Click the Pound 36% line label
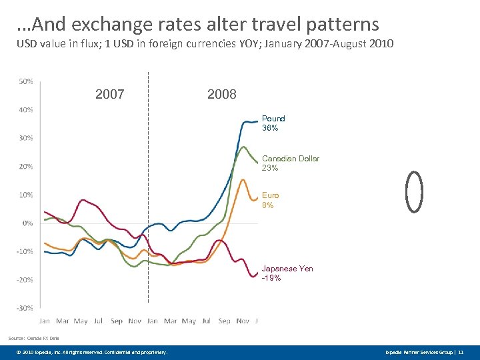point(273,123)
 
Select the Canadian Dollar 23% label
point(290,163)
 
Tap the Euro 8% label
point(270,200)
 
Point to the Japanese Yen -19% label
point(287,273)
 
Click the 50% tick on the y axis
point(25,81)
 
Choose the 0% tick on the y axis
point(27,223)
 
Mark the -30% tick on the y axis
point(25,308)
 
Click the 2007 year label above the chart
point(110,95)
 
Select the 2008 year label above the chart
point(222,95)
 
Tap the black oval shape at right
point(415,192)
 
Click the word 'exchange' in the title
point(109,25)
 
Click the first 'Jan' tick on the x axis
point(45,321)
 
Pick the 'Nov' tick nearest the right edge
point(242,321)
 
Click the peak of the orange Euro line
point(243,179)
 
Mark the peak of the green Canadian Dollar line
point(243,147)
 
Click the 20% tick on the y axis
point(25,167)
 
